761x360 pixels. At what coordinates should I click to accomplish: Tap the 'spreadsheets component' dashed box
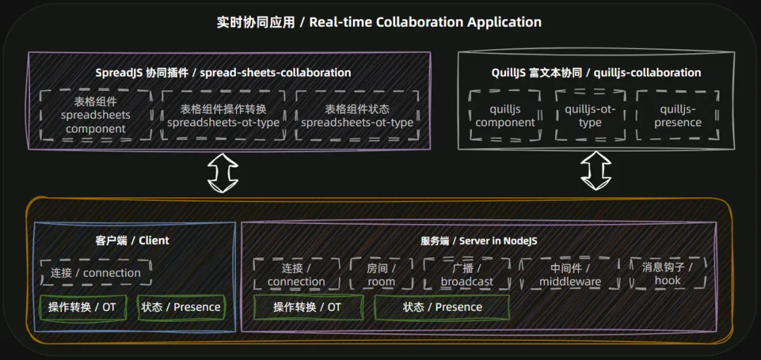(x=95, y=116)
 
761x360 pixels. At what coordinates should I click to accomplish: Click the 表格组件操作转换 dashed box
(x=223, y=116)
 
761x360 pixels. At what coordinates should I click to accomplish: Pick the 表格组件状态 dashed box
(x=357, y=116)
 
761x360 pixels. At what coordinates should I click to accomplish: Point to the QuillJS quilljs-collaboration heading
(x=596, y=73)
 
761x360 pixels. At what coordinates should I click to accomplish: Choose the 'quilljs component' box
(x=505, y=116)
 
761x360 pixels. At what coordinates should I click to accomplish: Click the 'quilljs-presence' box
(x=677, y=116)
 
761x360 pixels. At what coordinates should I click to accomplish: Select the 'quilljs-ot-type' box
(x=590, y=116)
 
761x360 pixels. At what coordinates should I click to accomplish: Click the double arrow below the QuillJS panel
(x=595, y=171)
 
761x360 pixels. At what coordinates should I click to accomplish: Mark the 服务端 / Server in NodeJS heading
(x=478, y=240)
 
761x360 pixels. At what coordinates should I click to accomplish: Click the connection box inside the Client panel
(x=95, y=273)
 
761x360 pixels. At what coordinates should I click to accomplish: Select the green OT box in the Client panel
(x=82, y=307)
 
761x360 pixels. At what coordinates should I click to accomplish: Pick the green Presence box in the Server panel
(x=442, y=307)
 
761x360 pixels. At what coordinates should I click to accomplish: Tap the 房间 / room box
(x=381, y=274)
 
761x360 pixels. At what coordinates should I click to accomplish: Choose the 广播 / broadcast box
(x=466, y=274)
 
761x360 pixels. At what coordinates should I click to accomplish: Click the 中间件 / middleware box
(x=570, y=274)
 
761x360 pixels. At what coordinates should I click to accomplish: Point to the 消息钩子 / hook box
(x=667, y=273)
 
